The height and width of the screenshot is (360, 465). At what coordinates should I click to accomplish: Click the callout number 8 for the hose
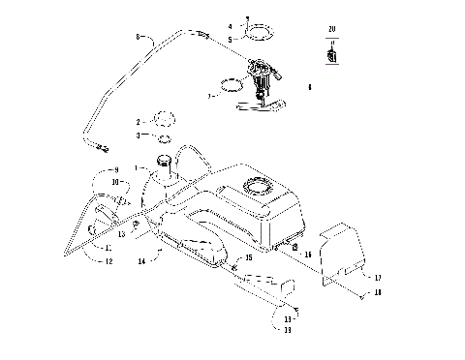(139, 38)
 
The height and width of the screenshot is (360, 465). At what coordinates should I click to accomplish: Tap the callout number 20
(331, 31)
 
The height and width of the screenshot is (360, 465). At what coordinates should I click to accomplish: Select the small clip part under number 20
(331, 56)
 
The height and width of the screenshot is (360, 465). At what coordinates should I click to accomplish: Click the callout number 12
(109, 262)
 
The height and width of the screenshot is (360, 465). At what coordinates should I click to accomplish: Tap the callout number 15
(248, 258)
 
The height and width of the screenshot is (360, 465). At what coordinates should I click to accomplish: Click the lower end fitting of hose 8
(104, 147)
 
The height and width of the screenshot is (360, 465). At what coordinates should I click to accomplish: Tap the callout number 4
(230, 26)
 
